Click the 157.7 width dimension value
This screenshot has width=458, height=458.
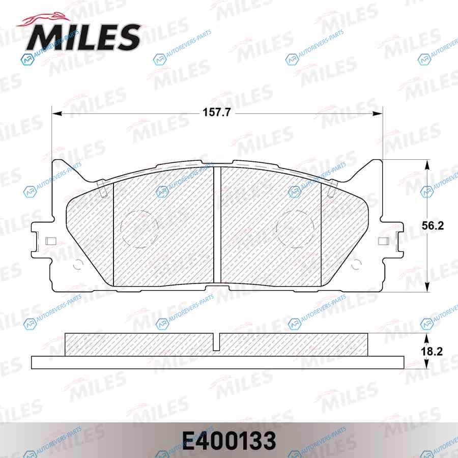(217, 112)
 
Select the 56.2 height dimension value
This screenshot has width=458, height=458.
(433, 225)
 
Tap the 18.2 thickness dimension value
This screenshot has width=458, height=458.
(432, 351)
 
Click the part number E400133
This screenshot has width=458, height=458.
(229, 441)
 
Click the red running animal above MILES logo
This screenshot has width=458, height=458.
(44, 20)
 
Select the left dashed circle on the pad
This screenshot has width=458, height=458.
(139, 230)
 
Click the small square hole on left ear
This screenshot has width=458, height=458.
(51, 241)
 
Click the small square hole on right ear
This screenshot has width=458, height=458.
(384, 241)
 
